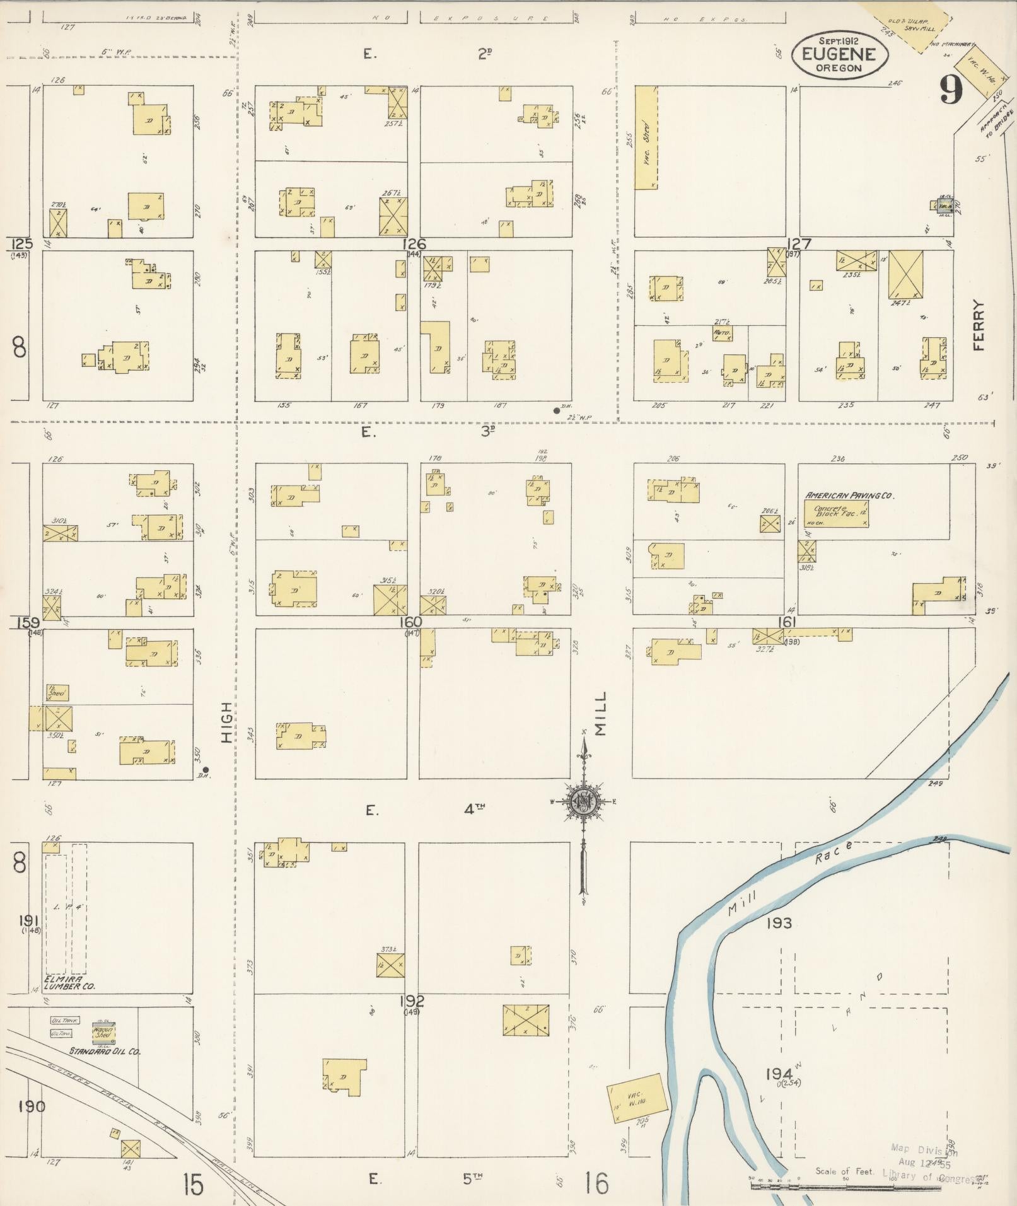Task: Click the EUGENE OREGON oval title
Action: tap(840, 55)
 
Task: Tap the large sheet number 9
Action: tap(951, 90)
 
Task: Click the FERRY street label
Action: tap(979, 325)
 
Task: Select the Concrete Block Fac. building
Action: tap(840, 514)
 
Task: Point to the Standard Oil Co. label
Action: tap(105, 1051)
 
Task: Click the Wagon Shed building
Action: tap(103, 1032)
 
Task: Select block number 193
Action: tap(779, 923)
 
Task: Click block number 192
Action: tap(411, 1000)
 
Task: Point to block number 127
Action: tap(799, 244)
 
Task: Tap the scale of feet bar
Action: tap(845, 1186)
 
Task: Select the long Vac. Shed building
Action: tap(646, 137)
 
